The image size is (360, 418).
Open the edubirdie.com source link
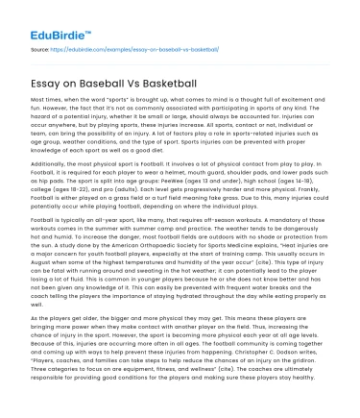tap(112, 45)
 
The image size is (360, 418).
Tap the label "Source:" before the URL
tap(40, 45)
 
